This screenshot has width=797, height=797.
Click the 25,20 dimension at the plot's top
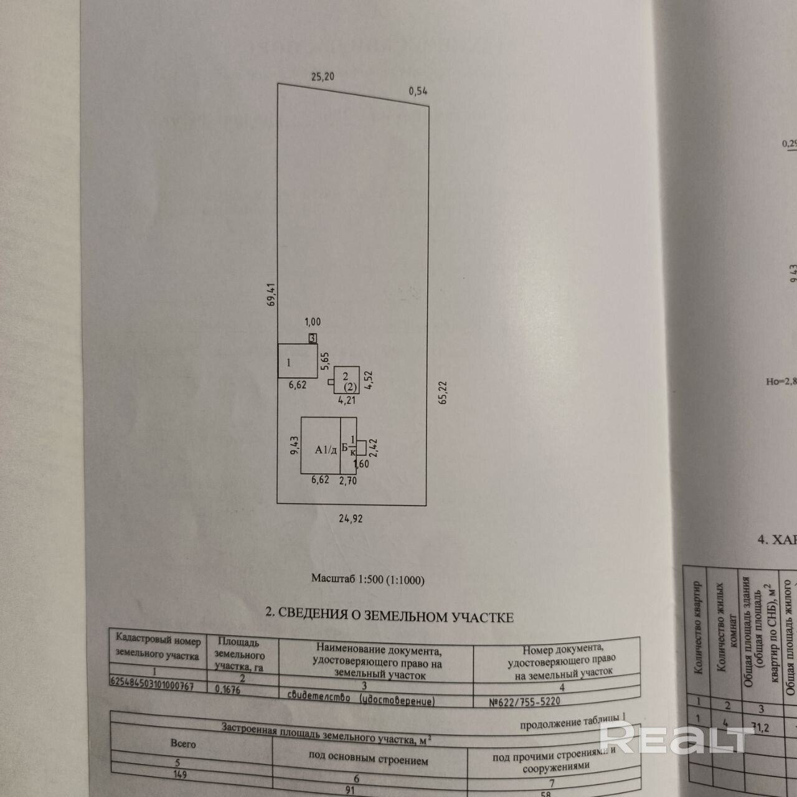(323, 77)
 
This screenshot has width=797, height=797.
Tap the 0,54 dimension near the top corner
(418, 91)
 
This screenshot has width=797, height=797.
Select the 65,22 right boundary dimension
(443, 392)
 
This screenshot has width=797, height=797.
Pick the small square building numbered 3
(313, 337)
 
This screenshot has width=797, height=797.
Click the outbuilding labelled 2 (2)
(346, 379)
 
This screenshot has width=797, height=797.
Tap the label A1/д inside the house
(326, 450)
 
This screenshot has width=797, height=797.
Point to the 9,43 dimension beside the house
(295, 446)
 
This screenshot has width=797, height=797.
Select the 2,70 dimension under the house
(347, 480)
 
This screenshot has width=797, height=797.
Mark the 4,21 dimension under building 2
(346, 400)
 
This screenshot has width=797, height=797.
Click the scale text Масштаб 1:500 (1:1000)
(367, 580)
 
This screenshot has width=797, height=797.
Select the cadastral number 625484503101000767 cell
(152, 685)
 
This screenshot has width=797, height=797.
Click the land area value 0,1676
(229, 689)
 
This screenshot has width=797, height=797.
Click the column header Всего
(183, 743)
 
